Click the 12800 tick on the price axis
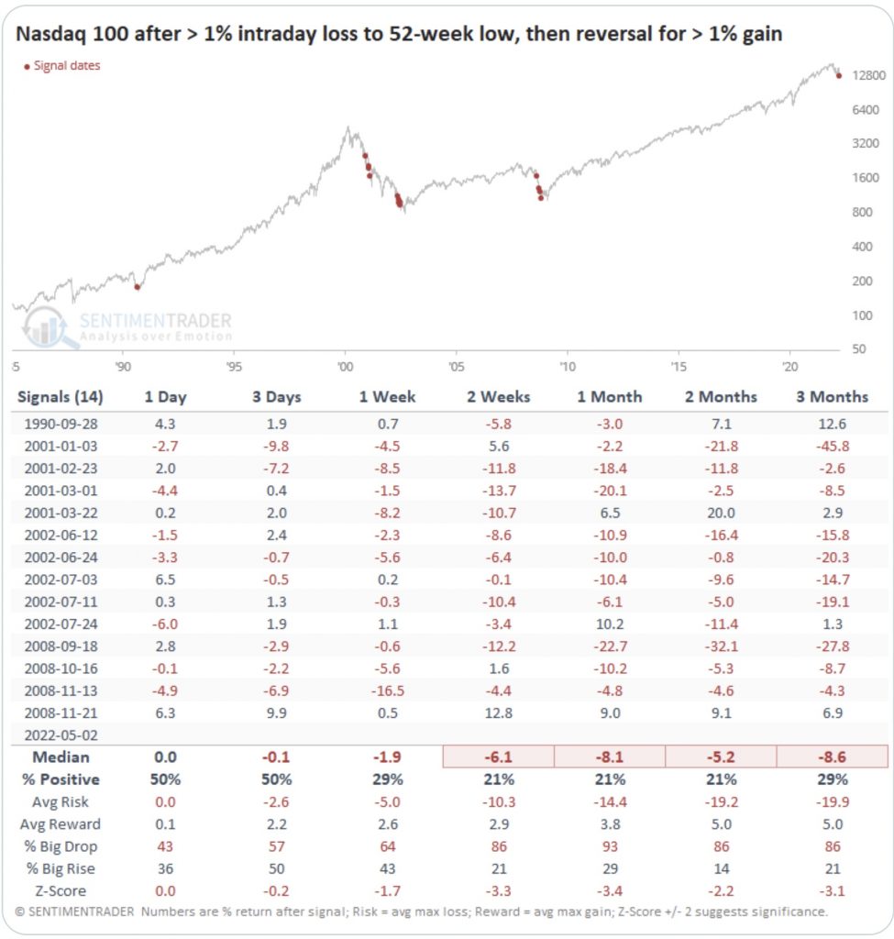click(867, 76)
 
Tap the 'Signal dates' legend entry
click(62, 66)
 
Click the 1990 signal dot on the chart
click(138, 287)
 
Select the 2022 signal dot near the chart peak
click(838, 75)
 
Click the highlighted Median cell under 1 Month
click(609, 757)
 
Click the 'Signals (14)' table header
click(61, 397)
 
